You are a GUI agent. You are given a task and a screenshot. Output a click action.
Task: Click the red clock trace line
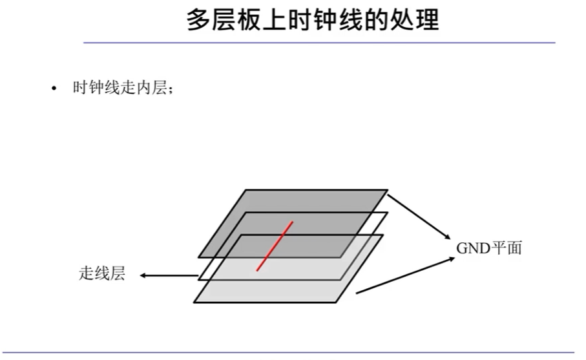click(275, 246)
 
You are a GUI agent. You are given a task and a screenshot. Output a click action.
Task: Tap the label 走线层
click(101, 274)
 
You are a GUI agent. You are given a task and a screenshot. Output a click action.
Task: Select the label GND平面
click(488, 248)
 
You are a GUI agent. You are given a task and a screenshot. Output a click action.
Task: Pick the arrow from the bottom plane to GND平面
click(404, 275)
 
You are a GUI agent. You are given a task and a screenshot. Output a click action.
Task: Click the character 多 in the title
click(198, 20)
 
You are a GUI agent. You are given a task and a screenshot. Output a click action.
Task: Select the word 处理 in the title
click(413, 20)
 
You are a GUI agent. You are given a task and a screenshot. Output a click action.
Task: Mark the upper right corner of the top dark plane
click(387, 190)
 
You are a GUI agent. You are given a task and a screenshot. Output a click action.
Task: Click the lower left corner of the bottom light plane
click(194, 301)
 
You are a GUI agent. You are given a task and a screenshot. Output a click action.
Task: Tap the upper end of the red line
click(292, 223)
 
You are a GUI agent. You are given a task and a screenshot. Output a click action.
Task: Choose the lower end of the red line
click(257, 270)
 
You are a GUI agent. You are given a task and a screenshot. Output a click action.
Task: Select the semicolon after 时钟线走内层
click(170, 90)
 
